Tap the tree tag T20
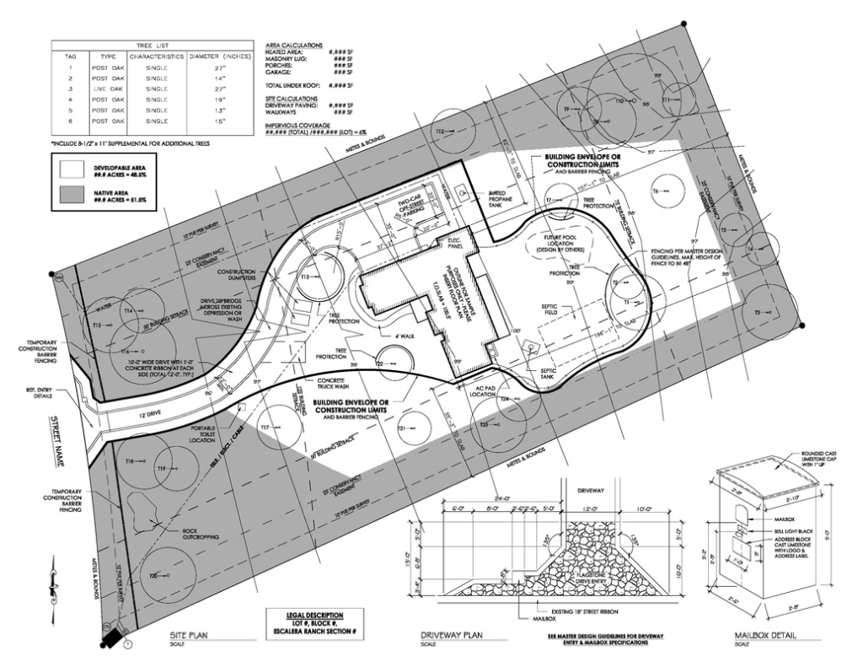coord(154,575)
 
